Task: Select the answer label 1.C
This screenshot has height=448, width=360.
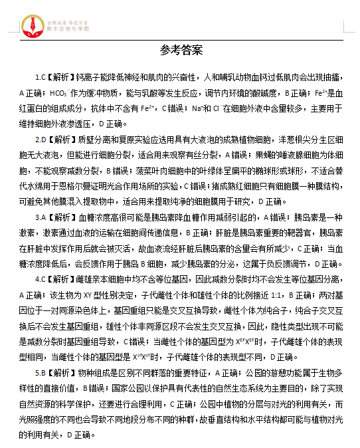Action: coord(41,77)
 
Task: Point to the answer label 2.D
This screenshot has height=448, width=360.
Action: coord(41,140)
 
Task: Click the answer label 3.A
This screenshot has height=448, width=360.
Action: coord(41,217)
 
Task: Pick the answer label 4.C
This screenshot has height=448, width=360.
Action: coord(41,279)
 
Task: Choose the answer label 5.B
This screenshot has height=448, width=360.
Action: coord(41,373)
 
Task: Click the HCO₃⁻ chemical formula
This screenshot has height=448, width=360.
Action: coord(58,93)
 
